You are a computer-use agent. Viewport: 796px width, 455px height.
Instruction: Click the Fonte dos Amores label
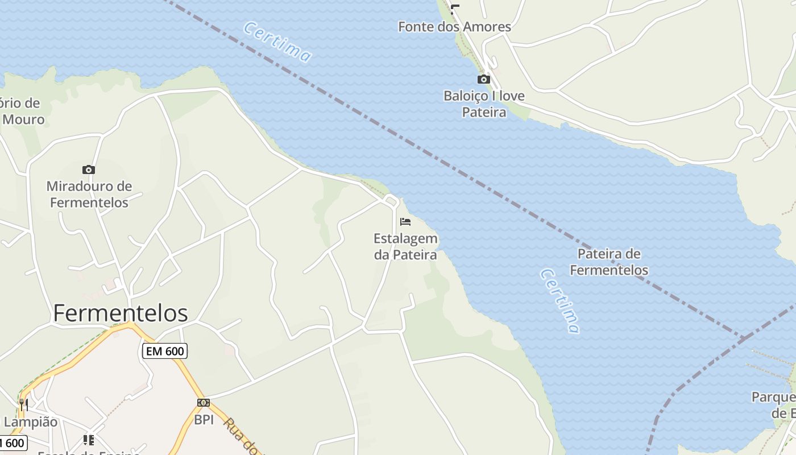point(454,27)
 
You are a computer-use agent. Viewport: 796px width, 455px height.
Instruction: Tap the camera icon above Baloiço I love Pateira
point(484,79)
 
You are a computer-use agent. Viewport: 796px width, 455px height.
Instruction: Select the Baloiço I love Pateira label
point(484,104)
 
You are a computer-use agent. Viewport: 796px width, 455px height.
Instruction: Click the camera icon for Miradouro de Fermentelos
point(89,169)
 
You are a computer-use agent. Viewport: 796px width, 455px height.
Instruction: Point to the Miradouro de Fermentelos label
point(89,194)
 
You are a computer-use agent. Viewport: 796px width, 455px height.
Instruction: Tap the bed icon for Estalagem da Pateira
point(405,221)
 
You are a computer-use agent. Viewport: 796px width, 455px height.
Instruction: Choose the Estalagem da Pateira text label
point(405,246)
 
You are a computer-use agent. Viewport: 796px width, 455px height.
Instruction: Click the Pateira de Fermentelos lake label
point(609,262)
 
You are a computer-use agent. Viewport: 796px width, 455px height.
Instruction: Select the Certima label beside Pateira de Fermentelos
point(561,301)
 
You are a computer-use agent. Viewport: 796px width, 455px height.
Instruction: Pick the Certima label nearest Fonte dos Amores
point(277,42)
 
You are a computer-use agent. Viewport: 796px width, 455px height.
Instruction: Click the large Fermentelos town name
point(121,313)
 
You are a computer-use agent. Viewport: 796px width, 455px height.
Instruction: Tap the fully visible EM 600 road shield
point(165,351)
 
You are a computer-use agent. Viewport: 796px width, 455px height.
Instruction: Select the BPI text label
point(204,420)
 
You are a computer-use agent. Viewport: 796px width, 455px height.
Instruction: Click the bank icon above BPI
point(204,403)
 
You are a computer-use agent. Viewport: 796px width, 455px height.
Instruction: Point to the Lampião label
point(31,422)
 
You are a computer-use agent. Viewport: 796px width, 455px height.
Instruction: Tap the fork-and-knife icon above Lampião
point(23,404)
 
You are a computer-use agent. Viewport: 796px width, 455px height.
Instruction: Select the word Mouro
point(23,119)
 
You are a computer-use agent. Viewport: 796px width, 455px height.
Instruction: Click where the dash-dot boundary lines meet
point(742,339)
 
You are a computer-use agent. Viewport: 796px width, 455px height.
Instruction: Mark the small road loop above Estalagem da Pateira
point(391,200)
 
